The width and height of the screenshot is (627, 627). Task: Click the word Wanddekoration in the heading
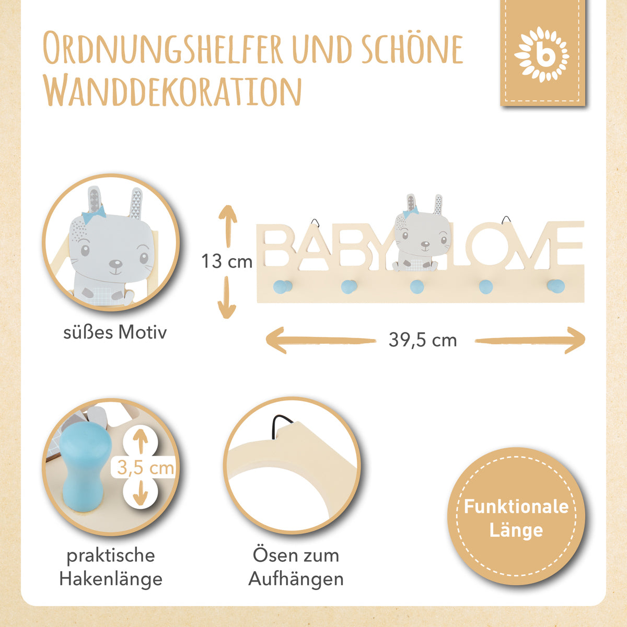(173, 91)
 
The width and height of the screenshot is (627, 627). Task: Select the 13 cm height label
(227, 261)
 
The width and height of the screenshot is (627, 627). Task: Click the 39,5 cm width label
(423, 340)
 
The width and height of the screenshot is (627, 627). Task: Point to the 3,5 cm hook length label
(145, 467)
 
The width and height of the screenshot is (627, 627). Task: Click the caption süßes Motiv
(115, 332)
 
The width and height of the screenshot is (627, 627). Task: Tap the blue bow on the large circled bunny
(95, 212)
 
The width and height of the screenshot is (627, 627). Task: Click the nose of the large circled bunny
(115, 263)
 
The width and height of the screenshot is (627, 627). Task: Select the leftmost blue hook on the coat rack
(282, 286)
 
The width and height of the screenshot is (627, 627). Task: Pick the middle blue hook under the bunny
(416, 286)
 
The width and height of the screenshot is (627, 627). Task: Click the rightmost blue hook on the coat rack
(555, 286)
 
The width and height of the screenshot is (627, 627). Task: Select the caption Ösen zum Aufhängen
(296, 567)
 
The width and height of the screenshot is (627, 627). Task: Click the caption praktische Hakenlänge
(111, 567)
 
